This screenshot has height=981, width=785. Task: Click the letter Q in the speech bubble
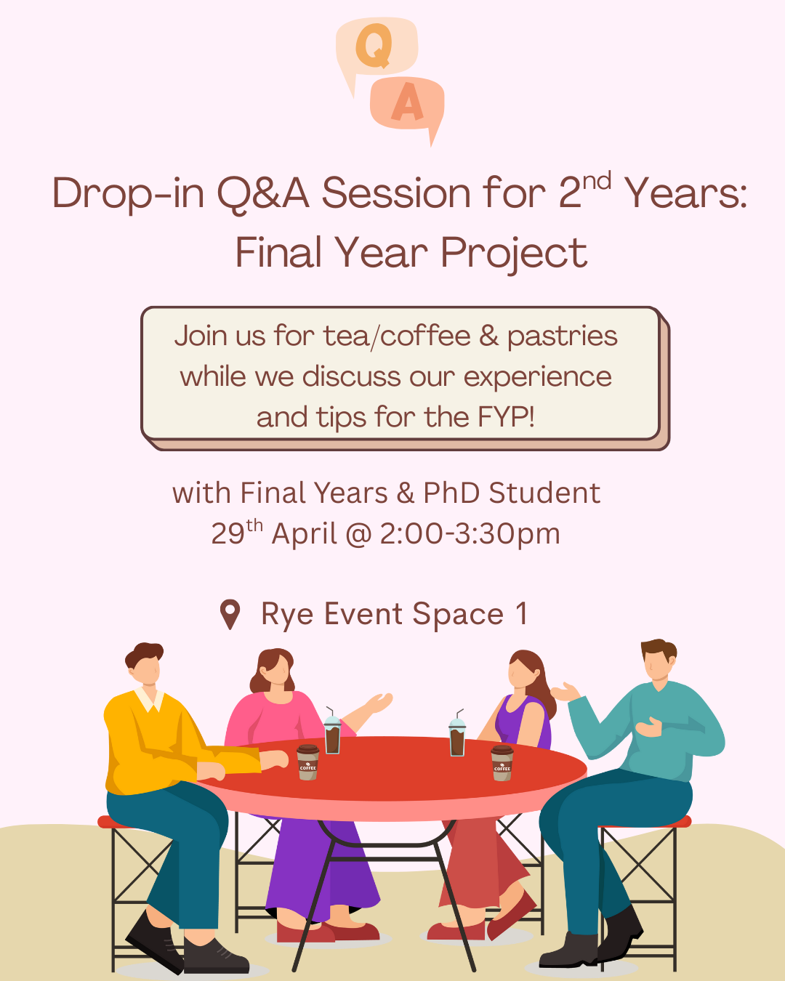(x=374, y=46)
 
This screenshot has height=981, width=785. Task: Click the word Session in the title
(x=396, y=193)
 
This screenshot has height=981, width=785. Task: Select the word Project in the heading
(x=514, y=254)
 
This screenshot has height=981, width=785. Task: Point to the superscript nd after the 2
(x=597, y=181)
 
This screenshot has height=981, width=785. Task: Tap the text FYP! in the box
(x=507, y=416)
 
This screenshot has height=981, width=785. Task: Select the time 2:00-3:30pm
(x=470, y=534)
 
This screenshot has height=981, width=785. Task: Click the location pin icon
(x=230, y=614)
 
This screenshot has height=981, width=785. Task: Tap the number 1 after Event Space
(x=522, y=613)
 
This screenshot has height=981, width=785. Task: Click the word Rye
(x=287, y=615)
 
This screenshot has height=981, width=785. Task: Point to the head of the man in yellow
(x=145, y=663)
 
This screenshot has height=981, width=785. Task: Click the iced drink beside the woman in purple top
(x=457, y=733)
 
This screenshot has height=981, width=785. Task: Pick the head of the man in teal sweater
(x=659, y=658)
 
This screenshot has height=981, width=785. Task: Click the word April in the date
(x=305, y=534)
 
